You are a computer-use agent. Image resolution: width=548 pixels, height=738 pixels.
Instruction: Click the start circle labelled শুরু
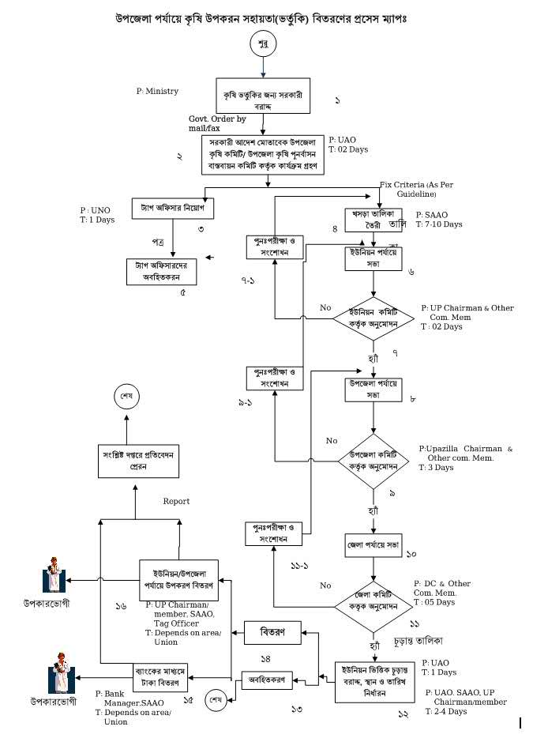[x=263, y=45]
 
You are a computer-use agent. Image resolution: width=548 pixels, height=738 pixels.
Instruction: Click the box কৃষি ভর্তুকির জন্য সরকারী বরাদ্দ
[x=261, y=97]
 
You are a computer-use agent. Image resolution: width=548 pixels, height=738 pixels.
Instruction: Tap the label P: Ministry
[x=157, y=92]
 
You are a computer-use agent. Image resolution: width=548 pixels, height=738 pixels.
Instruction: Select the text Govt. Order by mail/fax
[x=212, y=122]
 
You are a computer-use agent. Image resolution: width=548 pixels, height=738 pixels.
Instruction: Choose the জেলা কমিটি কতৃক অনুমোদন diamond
[x=372, y=606]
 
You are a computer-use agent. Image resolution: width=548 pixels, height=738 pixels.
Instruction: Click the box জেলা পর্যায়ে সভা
[x=372, y=544]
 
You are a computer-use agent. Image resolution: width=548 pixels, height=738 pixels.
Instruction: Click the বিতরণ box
[x=268, y=632]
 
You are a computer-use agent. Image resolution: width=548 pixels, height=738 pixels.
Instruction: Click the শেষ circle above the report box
[x=126, y=394]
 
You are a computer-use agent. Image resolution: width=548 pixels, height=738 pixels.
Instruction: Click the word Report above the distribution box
[x=176, y=501]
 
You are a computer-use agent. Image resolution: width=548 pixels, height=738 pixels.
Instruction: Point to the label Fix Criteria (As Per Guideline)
[x=419, y=188]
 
